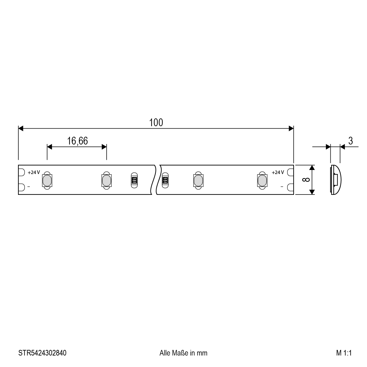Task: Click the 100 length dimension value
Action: tap(156, 123)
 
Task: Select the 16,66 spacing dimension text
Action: tap(77, 141)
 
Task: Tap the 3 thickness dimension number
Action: tap(351, 141)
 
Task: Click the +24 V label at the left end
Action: tap(34, 172)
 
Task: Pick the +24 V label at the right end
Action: tap(278, 172)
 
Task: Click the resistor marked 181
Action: tap(134, 180)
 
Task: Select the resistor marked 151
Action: tap(165, 180)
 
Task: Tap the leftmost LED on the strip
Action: tap(47, 180)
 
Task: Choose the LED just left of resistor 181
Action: tap(106, 180)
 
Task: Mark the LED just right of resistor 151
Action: tap(198, 180)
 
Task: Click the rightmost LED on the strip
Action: tap(262, 180)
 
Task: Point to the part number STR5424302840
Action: tap(42, 353)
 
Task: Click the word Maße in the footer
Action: tap(181, 353)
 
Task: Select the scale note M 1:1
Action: tap(343, 353)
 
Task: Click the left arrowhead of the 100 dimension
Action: tap(21, 128)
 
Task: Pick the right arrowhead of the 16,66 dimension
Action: tap(104, 147)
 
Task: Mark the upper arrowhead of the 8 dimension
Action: tap(312, 167)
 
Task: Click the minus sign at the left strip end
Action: tap(29, 187)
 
